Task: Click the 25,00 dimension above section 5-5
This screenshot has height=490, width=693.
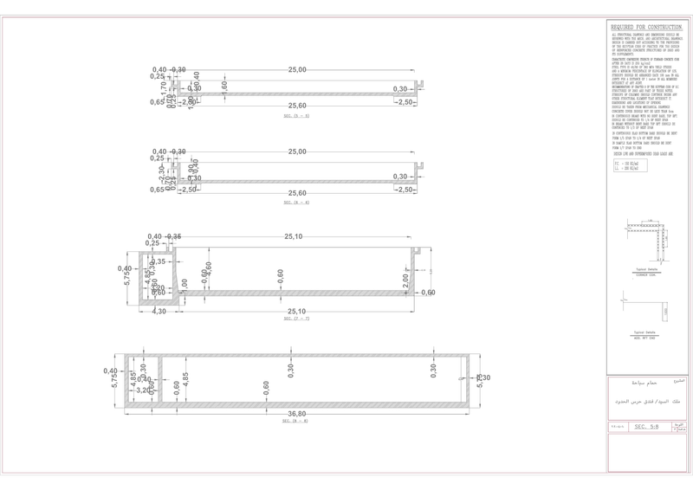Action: pyautogui.click(x=297, y=69)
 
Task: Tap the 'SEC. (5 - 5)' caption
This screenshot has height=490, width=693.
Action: pyautogui.click(x=296, y=115)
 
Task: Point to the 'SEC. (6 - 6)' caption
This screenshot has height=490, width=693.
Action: pyautogui.click(x=296, y=202)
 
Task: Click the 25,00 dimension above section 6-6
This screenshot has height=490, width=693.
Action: pyautogui.click(x=297, y=152)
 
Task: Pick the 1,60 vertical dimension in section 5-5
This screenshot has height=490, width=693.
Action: pyautogui.click(x=223, y=87)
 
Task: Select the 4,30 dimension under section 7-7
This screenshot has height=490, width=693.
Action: pyautogui.click(x=159, y=311)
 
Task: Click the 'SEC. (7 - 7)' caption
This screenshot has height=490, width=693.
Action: pyautogui.click(x=296, y=319)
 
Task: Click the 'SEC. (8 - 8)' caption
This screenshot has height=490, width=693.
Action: pyautogui.click(x=296, y=421)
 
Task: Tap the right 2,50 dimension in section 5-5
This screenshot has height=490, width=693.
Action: pyautogui.click(x=405, y=102)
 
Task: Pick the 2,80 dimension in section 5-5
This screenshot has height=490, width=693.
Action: pyautogui.click(x=190, y=102)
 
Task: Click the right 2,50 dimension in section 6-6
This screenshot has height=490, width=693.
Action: pyautogui.click(x=405, y=189)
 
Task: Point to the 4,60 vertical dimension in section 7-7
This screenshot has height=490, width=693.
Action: pyautogui.click(x=209, y=269)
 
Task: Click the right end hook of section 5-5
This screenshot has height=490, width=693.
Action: pyautogui.click(x=421, y=86)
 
